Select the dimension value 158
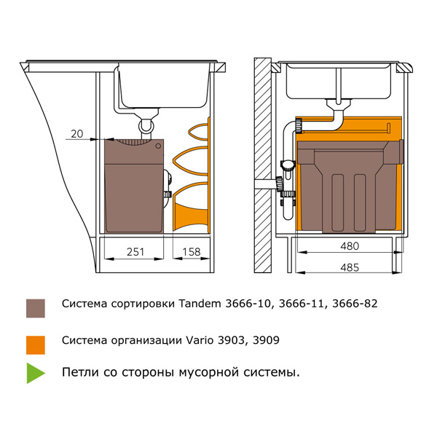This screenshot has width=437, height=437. point(191,251)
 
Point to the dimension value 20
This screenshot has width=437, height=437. point(78,133)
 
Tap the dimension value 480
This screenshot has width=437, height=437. point(349,246)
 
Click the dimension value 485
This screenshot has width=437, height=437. point(350,267)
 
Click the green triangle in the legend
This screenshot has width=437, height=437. point(36,373)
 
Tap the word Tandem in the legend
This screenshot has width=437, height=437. point(197,303)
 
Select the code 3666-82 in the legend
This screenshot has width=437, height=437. point(354,303)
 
